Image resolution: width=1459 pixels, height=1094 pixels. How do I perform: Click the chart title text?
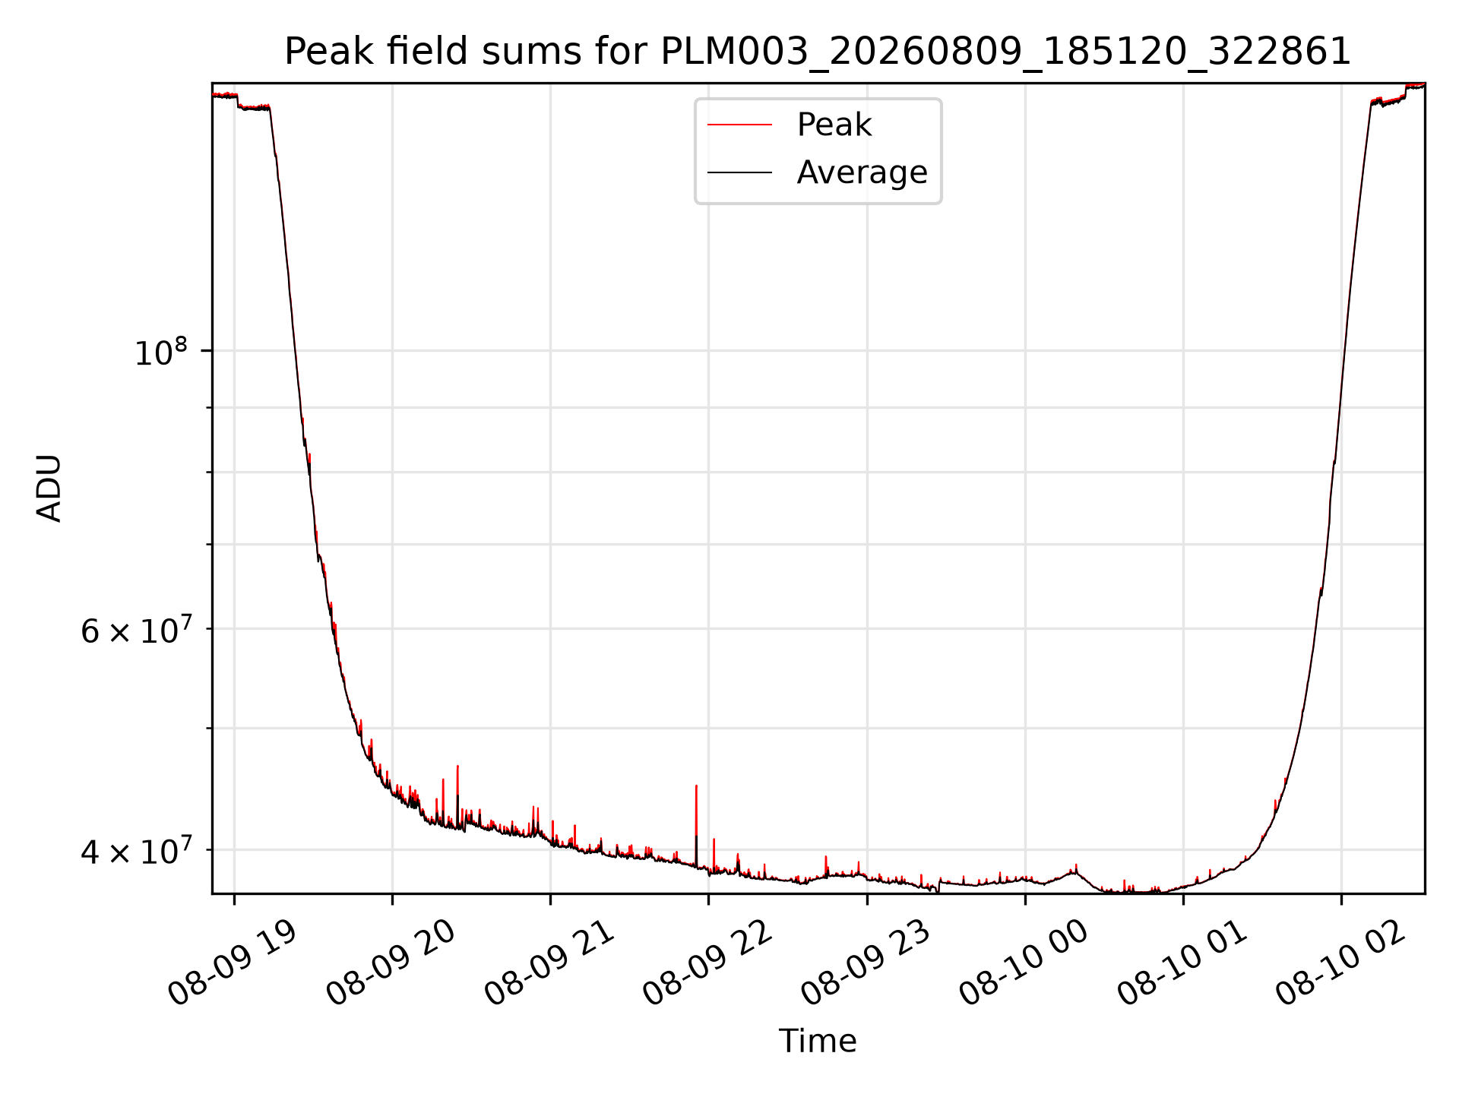pos(818,52)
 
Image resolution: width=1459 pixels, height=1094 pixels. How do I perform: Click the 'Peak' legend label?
pos(834,125)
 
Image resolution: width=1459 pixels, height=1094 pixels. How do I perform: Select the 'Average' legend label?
pos(862,172)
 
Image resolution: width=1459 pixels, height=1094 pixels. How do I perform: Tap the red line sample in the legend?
pos(739,125)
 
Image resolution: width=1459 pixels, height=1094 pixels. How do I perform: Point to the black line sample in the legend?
pos(739,172)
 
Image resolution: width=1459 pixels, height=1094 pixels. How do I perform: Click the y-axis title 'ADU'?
pos(49,488)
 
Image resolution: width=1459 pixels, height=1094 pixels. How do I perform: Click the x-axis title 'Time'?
pos(818,1041)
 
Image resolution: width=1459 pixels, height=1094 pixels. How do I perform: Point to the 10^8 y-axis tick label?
pos(160,352)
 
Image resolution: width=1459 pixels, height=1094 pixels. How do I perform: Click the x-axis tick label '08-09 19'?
pos(232,962)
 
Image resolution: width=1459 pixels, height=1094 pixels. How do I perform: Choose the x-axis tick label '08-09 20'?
pos(391,962)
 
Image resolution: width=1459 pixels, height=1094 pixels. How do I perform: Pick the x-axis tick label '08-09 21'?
pos(549,962)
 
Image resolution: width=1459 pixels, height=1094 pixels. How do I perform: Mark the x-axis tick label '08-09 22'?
pos(707,962)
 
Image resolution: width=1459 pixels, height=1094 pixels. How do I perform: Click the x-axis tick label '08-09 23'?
pos(866,962)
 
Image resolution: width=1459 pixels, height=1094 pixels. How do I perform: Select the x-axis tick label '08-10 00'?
pos(1024,962)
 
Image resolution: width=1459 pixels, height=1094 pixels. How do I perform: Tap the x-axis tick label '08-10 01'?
pos(1182,962)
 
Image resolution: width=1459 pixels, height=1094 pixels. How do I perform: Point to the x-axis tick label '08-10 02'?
pos(1340,962)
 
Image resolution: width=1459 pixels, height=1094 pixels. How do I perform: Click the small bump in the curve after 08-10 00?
pos(1073,871)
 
